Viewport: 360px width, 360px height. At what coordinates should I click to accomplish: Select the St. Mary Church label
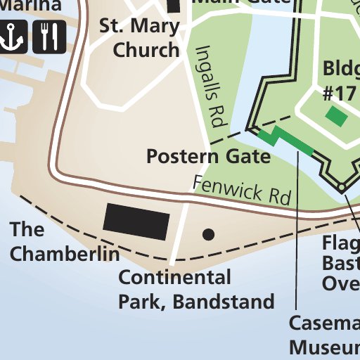(x=141, y=39)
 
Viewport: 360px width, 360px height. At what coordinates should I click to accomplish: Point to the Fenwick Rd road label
(x=241, y=191)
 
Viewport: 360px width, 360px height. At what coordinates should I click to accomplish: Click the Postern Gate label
(x=208, y=156)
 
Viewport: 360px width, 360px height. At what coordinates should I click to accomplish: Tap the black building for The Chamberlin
(x=136, y=221)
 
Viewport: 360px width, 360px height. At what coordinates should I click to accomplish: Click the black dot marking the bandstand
(x=208, y=233)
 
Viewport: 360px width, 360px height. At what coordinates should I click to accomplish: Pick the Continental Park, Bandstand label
(x=195, y=290)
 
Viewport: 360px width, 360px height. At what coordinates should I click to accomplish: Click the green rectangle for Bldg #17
(x=336, y=116)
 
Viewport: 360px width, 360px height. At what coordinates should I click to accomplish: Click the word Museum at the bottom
(x=324, y=348)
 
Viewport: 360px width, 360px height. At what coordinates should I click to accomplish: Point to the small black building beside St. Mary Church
(x=174, y=6)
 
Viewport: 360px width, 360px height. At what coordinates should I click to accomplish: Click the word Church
(x=146, y=51)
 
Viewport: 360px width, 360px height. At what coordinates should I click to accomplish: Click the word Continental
(x=174, y=277)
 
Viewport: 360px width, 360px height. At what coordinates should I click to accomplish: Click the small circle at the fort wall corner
(x=341, y=187)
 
